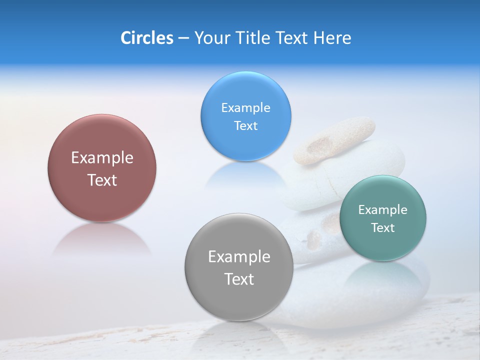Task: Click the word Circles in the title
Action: (x=146, y=38)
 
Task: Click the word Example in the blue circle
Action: (x=245, y=108)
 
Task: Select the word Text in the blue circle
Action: (x=245, y=126)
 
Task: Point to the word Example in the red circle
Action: (x=102, y=158)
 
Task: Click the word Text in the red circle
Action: (x=102, y=180)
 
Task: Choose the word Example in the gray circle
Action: (x=238, y=257)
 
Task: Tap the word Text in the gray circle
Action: (x=238, y=279)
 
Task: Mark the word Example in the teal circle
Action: (x=383, y=210)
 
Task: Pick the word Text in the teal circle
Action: (x=383, y=228)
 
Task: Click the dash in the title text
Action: (x=183, y=38)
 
